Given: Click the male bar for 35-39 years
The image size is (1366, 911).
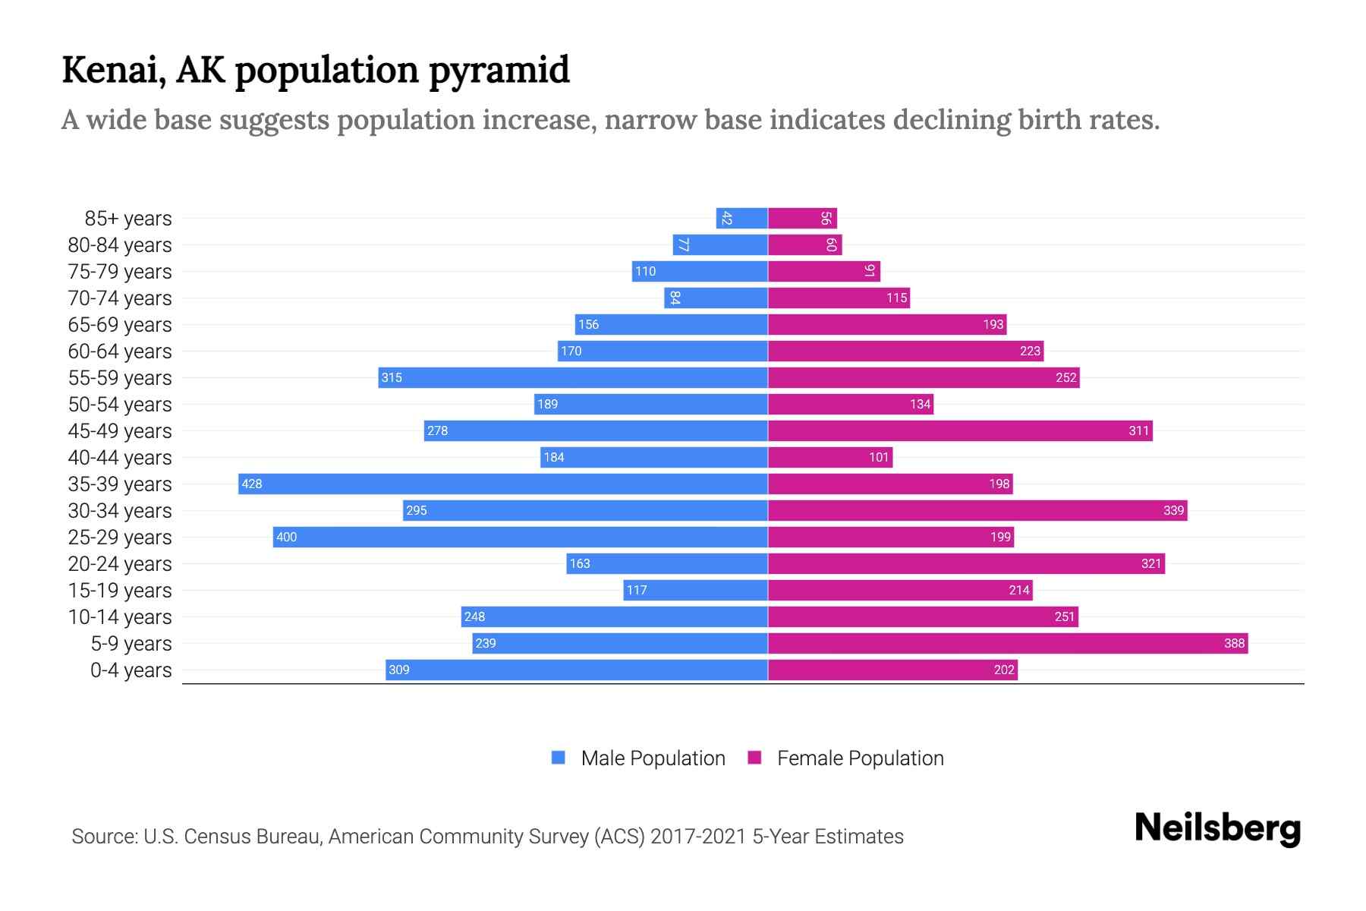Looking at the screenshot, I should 503,484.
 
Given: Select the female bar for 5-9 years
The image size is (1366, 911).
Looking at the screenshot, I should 1008,643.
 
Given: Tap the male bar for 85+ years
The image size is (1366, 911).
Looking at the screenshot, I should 742,218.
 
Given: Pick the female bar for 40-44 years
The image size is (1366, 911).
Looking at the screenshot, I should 830,457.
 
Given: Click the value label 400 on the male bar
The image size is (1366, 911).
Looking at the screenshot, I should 286,537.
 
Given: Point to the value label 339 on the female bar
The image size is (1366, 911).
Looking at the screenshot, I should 1173,510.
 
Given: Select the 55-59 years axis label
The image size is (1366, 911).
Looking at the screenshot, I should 120,377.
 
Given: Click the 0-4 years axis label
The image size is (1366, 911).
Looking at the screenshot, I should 131,670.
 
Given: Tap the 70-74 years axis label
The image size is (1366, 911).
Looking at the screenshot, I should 120,298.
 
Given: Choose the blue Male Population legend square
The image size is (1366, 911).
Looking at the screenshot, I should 559,758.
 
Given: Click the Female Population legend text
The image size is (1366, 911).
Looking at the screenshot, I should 860,758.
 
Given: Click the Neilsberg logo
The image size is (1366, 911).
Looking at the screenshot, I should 1217,828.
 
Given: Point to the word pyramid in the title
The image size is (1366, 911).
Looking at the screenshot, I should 499,70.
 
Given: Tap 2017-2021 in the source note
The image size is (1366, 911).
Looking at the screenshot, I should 698,836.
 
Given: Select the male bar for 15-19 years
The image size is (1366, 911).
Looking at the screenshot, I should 695,590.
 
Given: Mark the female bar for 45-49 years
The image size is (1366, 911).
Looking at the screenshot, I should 960,430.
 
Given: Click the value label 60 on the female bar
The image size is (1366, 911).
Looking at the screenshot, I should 831,244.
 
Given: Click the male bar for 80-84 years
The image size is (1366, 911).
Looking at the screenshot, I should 720,244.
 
